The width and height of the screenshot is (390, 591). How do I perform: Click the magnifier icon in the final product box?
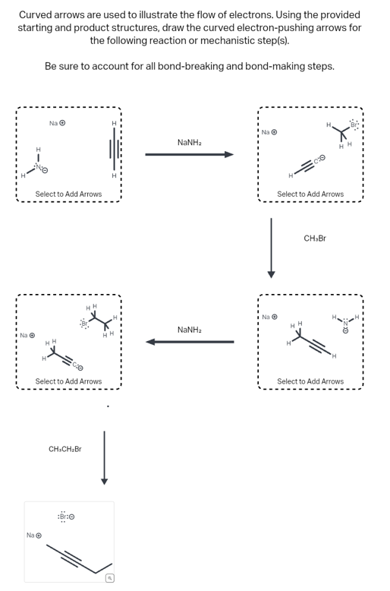pos(109,578)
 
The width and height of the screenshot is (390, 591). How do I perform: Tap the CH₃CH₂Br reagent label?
pos(64,450)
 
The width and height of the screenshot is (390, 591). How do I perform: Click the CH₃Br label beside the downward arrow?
pos(314,239)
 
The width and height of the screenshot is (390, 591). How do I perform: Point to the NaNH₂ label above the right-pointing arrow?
pos(189,143)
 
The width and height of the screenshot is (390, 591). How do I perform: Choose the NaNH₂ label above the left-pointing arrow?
pos(189,330)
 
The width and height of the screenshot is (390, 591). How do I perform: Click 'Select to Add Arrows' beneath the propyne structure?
pos(310,381)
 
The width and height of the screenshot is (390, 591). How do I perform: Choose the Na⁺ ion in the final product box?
pos(33,536)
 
